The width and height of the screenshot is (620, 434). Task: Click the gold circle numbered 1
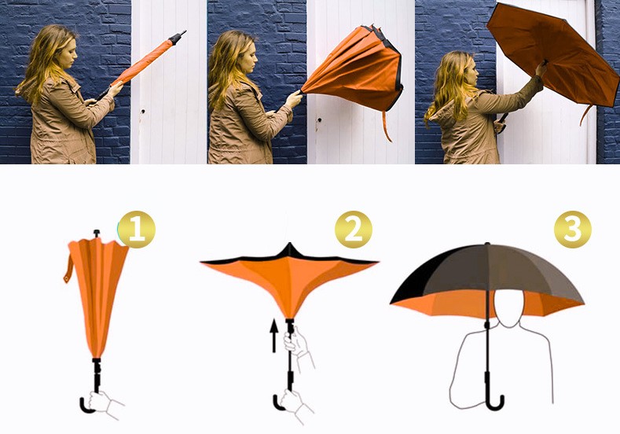(137, 229)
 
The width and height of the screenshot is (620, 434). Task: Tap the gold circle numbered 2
(353, 229)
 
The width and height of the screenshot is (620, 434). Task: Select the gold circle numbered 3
(572, 229)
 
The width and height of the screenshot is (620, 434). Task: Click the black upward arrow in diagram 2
(273, 336)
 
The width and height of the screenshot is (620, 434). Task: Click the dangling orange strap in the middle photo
(387, 126)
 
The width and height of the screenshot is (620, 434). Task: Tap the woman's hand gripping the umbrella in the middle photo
(294, 98)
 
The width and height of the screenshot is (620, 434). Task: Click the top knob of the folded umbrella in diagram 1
(97, 234)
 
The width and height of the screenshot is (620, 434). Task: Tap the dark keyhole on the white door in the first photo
(142, 111)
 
